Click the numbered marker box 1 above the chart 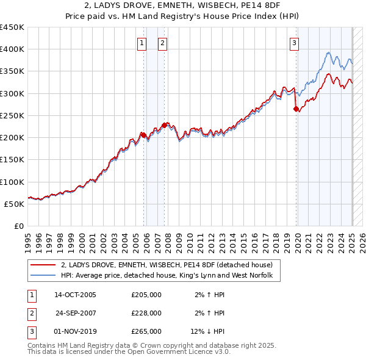pos(142,43)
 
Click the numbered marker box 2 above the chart pos(163,43)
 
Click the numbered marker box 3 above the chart pos(294,43)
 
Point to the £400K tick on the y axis pos(13,49)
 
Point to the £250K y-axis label pos(13,115)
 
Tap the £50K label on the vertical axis pos(15,204)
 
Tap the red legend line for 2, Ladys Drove pos(43,265)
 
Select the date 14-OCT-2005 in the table pos(75,295)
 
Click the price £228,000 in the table pos(146,313)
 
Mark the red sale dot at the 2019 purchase pos(296,109)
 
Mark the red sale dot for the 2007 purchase pos(165,125)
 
